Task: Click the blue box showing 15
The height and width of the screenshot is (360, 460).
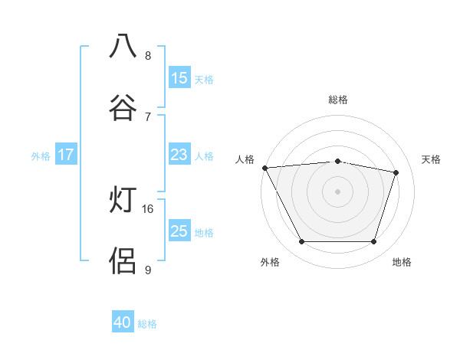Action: (x=179, y=78)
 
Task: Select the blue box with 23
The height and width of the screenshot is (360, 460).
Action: (x=179, y=155)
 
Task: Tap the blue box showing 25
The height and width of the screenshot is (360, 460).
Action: (x=179, y=231)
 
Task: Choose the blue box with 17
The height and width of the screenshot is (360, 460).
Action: (x=65, y=155)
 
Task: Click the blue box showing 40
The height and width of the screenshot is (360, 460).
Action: (x=123, y=323)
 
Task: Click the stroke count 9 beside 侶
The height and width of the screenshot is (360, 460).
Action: (x=148, y=270)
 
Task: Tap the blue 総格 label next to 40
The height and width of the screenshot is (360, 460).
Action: (x=148, y=324)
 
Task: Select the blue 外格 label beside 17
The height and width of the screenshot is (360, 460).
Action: (x=41, y=155)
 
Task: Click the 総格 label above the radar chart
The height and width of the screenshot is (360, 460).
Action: (x=338, y=100)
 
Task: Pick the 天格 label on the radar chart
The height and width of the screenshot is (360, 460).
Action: (x=432, y=159)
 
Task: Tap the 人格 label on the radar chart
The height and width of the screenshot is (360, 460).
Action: (x=245, y=159)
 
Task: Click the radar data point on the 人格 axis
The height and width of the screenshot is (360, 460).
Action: (x=264, y=168)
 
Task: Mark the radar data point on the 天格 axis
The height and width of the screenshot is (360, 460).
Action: (x=396, y=172)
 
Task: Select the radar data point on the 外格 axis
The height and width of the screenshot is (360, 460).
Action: (x=301, y=242)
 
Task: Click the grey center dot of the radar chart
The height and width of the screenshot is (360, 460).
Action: (x=338, y=191)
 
